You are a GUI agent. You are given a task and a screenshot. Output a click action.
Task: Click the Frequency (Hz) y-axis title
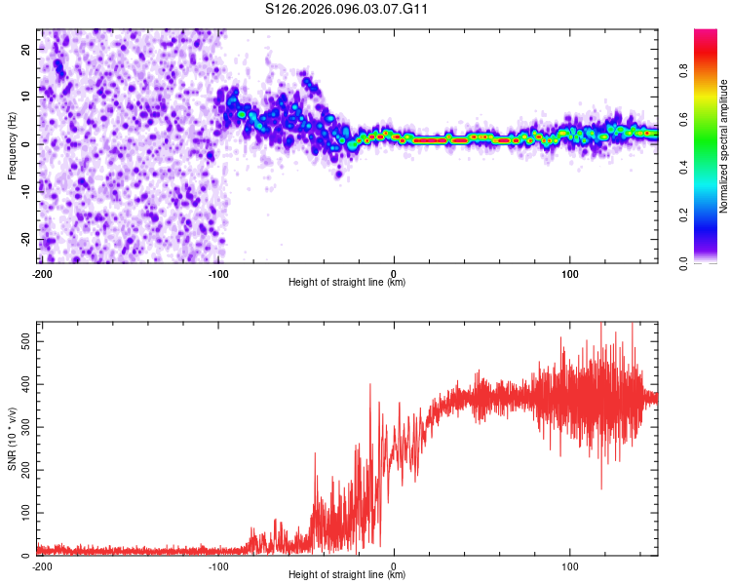point(12,145)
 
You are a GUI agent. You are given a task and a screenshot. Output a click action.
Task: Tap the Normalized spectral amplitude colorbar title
point(724,146)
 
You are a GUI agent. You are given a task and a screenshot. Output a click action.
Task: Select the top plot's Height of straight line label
point(347,282)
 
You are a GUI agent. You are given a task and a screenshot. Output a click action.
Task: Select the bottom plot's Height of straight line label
point(347,575)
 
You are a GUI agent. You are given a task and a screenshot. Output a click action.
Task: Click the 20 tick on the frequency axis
point(26,49)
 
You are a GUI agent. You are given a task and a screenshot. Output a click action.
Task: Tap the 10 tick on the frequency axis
point(26,97)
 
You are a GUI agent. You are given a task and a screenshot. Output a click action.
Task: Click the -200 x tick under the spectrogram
point(42,272)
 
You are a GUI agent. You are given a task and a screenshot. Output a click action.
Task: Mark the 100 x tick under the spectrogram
point(570,272)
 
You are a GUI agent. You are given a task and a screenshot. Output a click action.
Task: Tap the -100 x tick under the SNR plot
point(217,565)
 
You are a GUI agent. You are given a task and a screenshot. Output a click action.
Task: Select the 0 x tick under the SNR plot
point(394,565)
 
